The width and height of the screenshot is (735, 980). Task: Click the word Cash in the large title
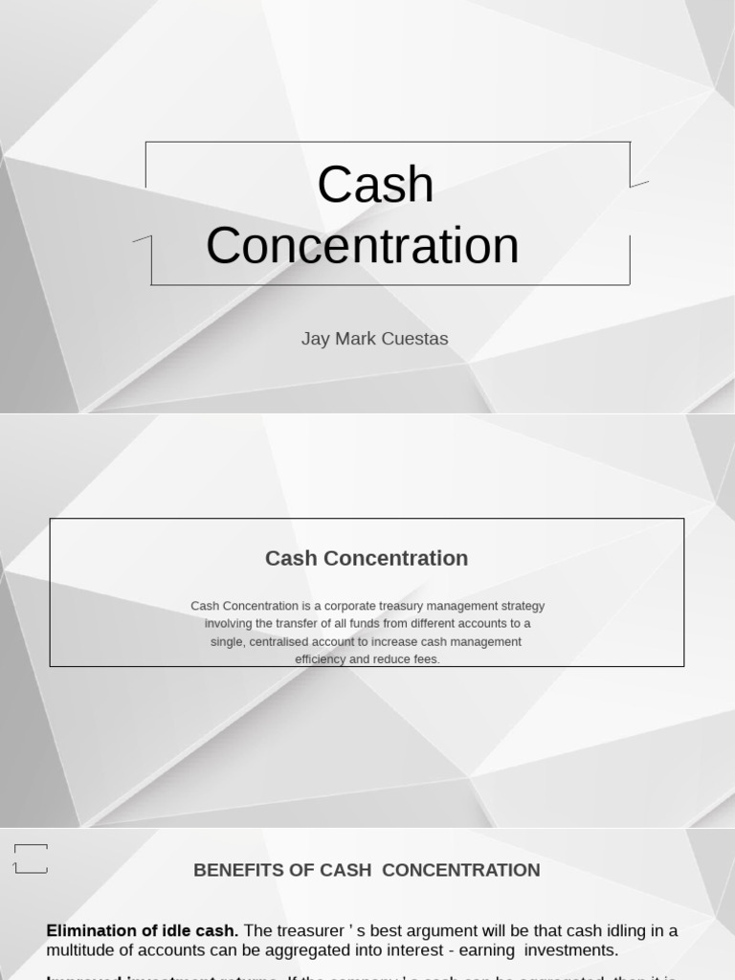(375, 185)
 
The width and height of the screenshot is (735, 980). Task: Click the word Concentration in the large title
(362, 245)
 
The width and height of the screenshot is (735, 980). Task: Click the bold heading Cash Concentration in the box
(367, 558)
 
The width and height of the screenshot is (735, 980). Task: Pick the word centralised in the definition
(286, 641)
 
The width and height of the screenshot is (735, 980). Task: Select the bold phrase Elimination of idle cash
(142, 930)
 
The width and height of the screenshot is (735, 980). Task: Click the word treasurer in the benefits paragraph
(317, 930)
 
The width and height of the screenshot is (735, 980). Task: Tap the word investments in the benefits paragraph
(569, 950)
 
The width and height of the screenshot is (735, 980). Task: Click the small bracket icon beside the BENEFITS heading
(31, 858)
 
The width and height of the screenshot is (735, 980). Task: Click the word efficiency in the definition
(320, 659)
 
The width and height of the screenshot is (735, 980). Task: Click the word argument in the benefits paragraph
(440, 930)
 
